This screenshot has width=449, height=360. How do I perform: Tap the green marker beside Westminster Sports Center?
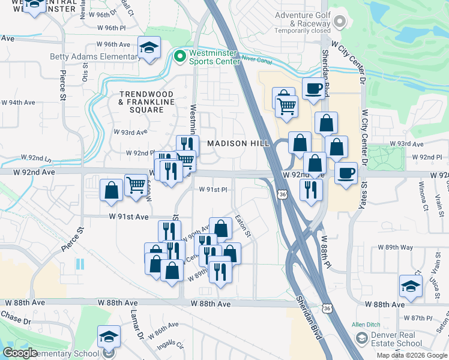179,56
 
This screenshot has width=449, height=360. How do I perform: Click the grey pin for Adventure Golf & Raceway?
340,22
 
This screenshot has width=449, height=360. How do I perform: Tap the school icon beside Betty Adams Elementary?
149,47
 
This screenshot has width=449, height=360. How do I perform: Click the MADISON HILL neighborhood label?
236,143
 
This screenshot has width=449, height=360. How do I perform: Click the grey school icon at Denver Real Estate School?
361,339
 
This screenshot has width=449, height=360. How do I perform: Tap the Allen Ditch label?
367,325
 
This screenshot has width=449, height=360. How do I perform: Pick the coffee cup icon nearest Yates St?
345,173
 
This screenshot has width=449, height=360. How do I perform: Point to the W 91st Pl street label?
214,190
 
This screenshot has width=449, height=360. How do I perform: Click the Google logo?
20,353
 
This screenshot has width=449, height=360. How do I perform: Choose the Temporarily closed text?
303,31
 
